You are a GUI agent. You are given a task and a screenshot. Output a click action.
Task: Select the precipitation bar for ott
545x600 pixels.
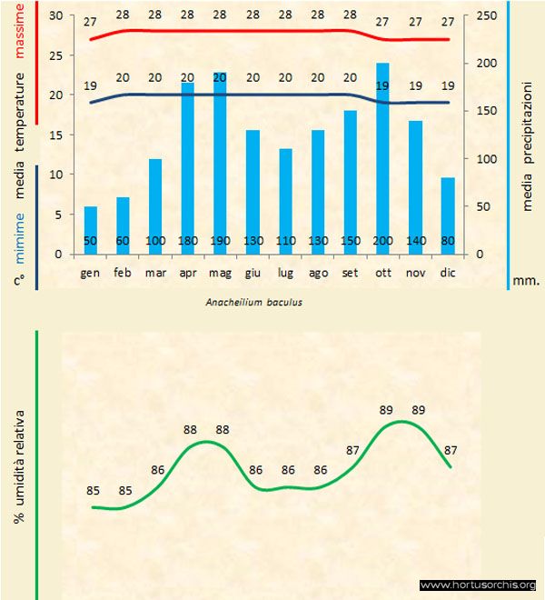tap(382, 155)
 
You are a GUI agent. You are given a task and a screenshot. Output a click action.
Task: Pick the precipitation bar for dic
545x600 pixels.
tap(447, 214)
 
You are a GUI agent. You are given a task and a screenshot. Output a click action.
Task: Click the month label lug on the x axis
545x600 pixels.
tap(285, 272)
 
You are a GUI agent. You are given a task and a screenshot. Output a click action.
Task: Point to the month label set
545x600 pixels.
tap(350, 272)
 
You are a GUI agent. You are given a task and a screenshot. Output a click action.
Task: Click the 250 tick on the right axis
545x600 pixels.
tap(489, 16)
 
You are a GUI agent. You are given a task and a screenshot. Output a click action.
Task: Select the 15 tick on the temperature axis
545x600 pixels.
tap(55, 135)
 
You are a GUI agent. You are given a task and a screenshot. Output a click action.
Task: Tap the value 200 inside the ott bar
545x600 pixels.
tap(382, 241)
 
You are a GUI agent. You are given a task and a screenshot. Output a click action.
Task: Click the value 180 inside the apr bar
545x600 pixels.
tap(188, 241)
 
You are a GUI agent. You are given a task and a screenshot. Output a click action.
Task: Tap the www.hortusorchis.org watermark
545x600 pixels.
tap(478, 585)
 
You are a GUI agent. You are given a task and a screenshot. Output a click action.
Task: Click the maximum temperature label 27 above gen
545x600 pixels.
tap(90, 22)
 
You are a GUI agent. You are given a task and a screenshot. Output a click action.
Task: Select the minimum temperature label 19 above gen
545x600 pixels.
tap(90, 85)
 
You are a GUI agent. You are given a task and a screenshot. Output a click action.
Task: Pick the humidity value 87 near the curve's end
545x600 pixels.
tap(450, 449)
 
